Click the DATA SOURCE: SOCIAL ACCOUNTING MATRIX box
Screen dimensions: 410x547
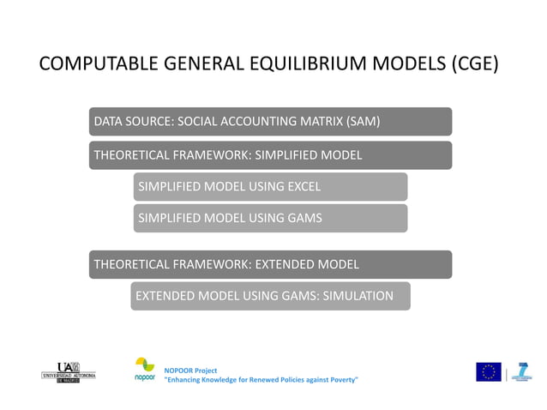(270, 121)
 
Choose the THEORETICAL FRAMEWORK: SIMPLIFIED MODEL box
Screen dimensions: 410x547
(270, 155)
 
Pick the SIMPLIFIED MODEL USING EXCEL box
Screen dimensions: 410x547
(270, 186)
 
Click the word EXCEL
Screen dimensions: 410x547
(303, 186)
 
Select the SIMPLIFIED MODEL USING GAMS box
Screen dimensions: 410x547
(270, 218)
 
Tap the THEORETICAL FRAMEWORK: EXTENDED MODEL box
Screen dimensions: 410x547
(270, 264)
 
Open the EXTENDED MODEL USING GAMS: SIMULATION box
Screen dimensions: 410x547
(270, 296)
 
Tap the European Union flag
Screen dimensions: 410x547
(489, 371)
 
